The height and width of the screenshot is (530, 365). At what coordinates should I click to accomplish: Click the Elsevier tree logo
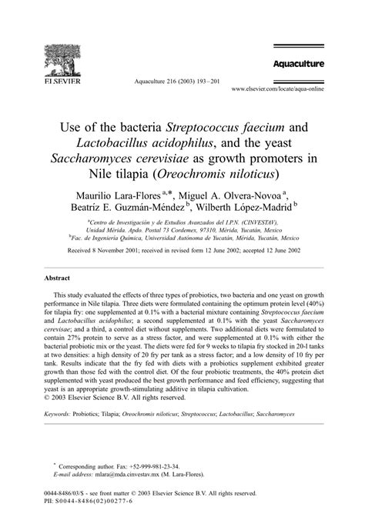[62, 61]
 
